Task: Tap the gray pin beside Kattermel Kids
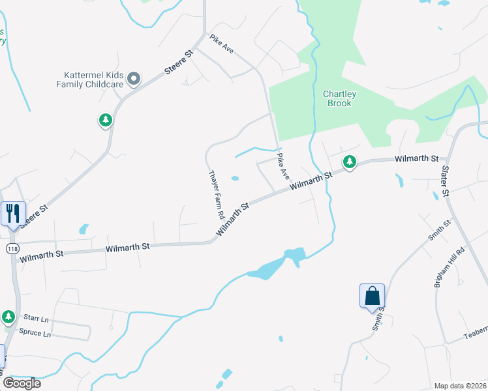[134, 79]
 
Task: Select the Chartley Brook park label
[340, 98]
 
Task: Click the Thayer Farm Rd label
[216, 194]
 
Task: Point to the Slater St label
[446, 181]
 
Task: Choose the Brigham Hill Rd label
[450, 267]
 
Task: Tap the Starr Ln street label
[36, 319]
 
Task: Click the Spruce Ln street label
[37, 333]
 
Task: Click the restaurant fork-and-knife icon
[13, 213]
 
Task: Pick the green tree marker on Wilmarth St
[350, 162]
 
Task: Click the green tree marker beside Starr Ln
[8, 317]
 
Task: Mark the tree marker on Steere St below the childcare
[105, 120]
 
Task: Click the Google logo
[22, 383]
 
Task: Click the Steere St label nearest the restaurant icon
[34, 217]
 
